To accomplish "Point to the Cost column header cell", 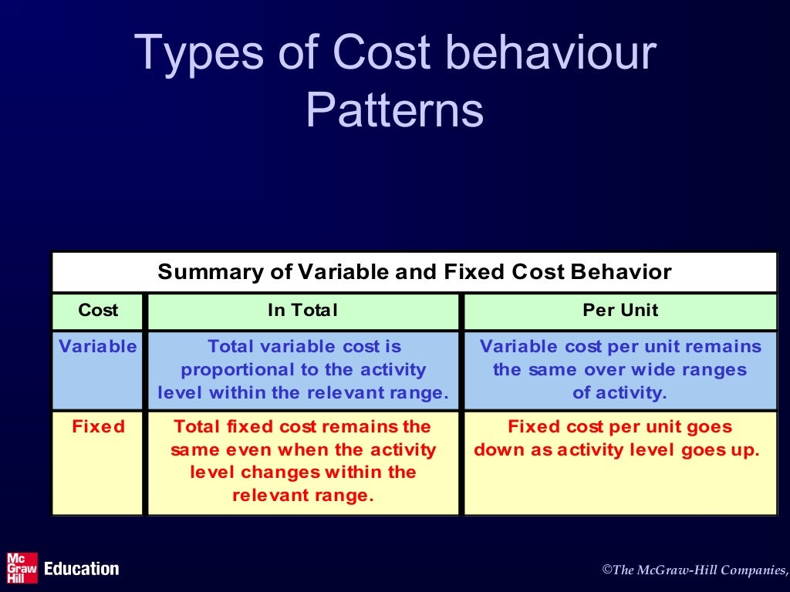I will tap(98, 311).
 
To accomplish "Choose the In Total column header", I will tap(302, 311).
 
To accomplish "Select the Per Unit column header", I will tap(620, 311).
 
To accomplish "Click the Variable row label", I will tap(98, 347).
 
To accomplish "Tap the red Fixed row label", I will tap(98, 427).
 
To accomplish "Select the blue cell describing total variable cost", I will tap(302, 370).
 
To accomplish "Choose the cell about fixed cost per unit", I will tap(620, 462).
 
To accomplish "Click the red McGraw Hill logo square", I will tap(22, 568).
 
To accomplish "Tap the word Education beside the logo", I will tap(82, 569).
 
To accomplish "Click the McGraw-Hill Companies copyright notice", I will tap(694, 570).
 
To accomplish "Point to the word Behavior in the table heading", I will tap(621, 272).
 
